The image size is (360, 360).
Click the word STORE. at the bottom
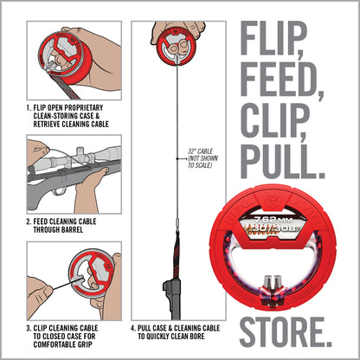(x=284, y=330)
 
